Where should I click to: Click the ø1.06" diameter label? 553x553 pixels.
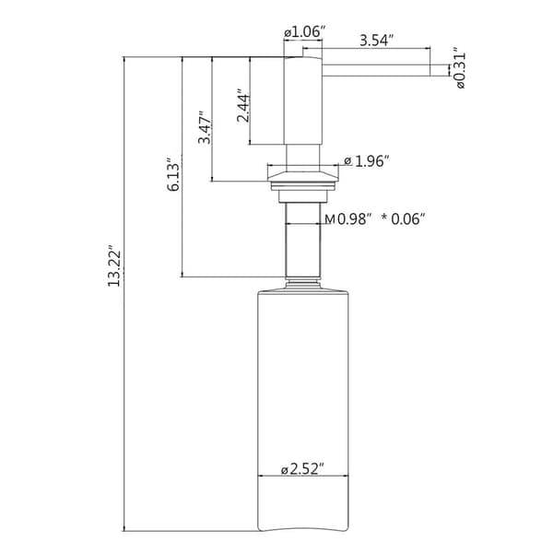[x=303, y=32]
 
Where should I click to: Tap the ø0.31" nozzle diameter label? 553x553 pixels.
[x=460, y=67]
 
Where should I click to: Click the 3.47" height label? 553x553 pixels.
[x=205, y=128]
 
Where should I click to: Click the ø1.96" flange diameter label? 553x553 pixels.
[x=367, y=161]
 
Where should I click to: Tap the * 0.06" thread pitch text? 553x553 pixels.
[x=403, y=219]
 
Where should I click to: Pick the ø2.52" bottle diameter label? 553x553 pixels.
[x=302, y=470]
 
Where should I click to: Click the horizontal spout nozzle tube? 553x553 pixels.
[x=376, y=70]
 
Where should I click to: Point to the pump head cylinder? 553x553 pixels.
[x=303, y=100]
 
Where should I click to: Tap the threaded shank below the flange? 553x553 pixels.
[x=303, y=240]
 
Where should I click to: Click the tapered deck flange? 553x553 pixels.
[x=303, y=176]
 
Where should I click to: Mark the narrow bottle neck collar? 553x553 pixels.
[x=303, y=284]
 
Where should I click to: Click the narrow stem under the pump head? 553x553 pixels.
[x=303, y=158]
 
